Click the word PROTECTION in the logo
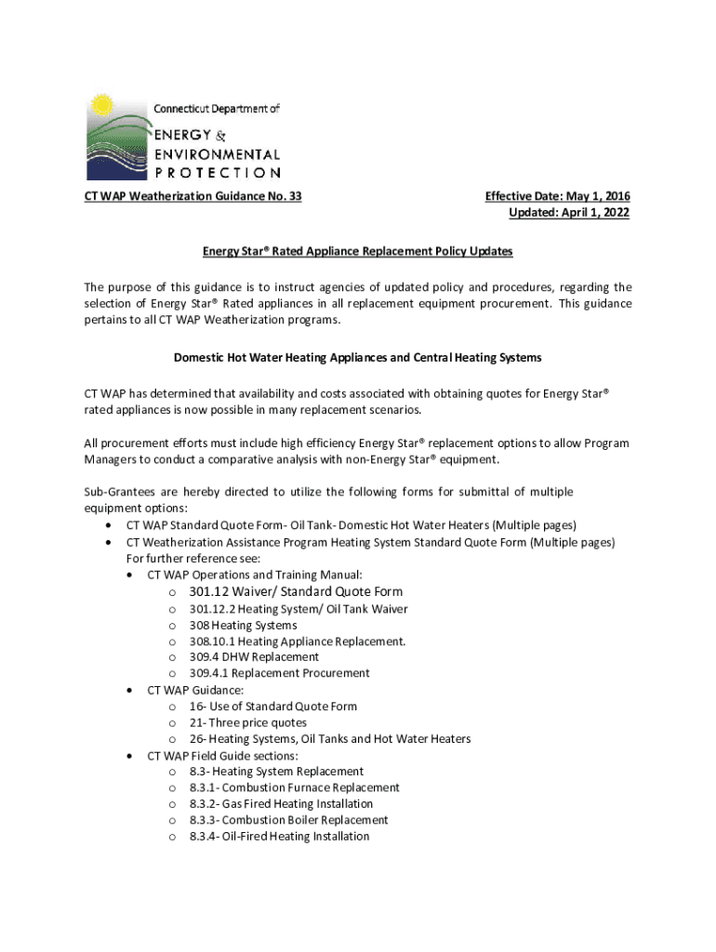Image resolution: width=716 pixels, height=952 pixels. [x=217, y=172]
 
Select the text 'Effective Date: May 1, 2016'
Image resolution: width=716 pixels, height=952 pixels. [x=557, y=196]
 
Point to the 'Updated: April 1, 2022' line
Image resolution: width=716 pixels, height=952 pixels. [x=568, y=213]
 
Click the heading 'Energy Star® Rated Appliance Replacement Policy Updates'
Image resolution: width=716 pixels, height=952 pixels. [x=358, y=251]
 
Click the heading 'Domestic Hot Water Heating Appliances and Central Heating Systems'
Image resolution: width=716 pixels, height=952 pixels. [x=358, y=357]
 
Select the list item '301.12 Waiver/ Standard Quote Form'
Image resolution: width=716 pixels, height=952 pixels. [x=296, y=591]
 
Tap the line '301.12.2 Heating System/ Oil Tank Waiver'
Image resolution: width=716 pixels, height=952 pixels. [x=298, y=609]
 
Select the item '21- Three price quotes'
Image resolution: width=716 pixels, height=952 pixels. [x=247, y=722]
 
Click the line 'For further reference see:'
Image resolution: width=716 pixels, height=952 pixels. [x=193, y=559]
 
